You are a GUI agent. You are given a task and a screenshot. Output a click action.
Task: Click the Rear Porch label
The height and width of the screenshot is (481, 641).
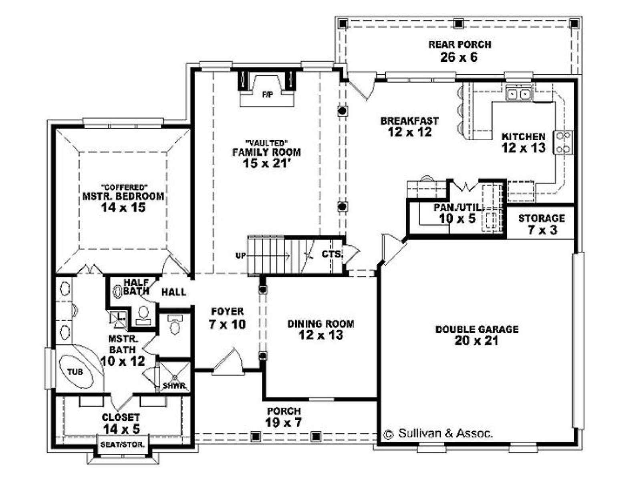pos(460,44)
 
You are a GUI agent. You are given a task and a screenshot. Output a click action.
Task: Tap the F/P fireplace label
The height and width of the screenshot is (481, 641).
pos(266,95)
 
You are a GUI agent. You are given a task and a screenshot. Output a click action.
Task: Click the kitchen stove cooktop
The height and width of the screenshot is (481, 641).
pos(563,143)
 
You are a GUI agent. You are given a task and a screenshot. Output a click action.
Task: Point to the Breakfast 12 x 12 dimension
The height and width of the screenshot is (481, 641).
pos(409,132)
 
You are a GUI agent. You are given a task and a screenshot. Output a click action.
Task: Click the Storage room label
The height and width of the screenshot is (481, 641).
pos(541,218)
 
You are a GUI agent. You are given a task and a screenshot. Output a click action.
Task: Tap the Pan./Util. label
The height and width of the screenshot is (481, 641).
pos(458,208)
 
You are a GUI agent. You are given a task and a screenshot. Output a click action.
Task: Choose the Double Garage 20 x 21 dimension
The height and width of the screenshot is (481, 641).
pos(476,341)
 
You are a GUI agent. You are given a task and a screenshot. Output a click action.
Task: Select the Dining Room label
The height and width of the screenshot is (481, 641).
pos(320,324)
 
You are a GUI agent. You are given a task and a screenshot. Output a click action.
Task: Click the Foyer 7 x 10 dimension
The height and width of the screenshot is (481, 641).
pos(227,324)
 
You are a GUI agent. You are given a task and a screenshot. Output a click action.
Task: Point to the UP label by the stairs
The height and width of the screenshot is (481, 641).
pos(240,256)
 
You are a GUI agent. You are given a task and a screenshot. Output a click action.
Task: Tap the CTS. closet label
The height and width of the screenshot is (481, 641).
pos(332,254)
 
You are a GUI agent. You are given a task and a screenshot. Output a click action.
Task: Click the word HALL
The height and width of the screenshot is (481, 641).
pos(174,292)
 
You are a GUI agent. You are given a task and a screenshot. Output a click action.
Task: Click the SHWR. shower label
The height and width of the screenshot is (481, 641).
pos(174,386)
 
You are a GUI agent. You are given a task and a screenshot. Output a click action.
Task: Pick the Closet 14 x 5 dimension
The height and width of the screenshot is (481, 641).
pos(121,429)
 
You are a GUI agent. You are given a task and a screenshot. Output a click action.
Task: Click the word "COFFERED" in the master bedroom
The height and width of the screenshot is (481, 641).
pos(124,187)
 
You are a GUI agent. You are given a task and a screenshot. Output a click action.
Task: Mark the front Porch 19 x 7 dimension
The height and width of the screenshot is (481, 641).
pos(283,422)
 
